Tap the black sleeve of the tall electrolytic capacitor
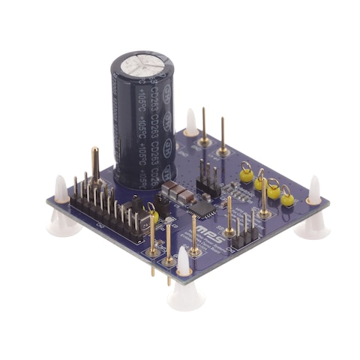coord(144,127)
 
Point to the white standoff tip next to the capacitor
coord(191,121)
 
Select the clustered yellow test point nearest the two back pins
coord(245,175)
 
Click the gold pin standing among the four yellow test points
coord(265,198)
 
